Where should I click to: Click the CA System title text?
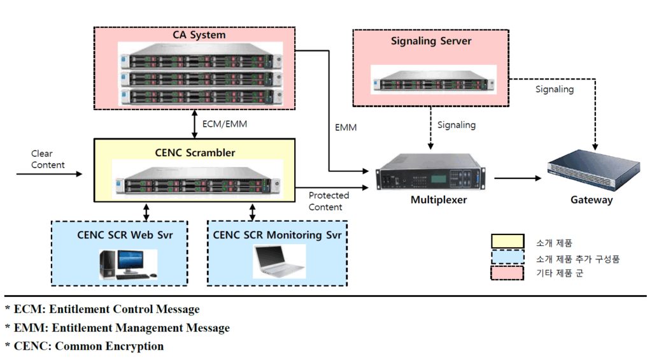[x=199, y=34]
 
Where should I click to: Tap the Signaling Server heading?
[x=430, y=41]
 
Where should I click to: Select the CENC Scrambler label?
[x=195, y=152]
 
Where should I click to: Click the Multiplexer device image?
[x=430, y=172]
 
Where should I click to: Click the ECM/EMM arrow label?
[x=223, y=124]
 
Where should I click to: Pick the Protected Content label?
[x=329, y=201]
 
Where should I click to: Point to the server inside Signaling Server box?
[x=431, y=80]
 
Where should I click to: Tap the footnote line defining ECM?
[x=103, y=310]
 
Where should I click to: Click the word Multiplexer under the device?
[x=439, y=200]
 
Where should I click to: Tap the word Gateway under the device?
[x=591, y=200]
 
